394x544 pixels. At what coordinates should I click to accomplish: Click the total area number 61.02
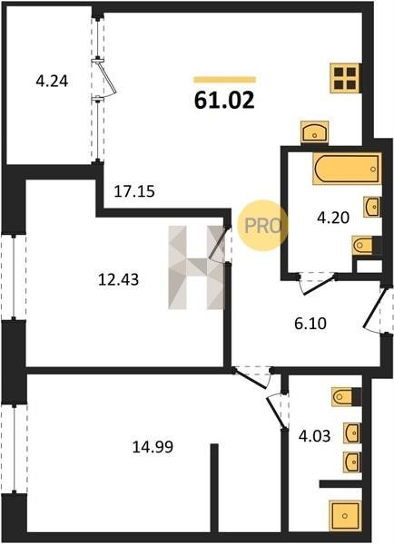pyautogui.click(x=224, y=101)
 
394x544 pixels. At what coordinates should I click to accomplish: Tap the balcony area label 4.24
pyautogui.click(x=52, y=82)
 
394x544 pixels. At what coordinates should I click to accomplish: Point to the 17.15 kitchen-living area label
pyautogui.click(x=134, y=191)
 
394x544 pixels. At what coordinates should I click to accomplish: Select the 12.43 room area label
pyautogui.click(x=119, y=279)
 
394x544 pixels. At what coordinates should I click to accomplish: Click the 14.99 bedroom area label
pyautogui.click(x=153, y=447)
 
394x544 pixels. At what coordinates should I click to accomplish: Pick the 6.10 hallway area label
pyautogui.click(x=310, y=324)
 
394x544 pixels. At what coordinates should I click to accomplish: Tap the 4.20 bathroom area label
pyautogui.click(x=333, y=218)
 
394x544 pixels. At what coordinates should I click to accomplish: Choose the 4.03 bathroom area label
pyautogui.click(x=314, y=436)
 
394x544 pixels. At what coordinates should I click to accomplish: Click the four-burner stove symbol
pyautogui.click(x=346, y=78)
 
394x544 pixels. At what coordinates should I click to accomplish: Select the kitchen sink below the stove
pyautogui.click(x=315, y=131)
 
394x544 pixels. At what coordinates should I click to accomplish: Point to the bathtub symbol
pyautogui.click(x=347, y=169)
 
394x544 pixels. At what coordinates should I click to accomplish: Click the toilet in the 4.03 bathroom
pyautogui.click(x=347, y=396)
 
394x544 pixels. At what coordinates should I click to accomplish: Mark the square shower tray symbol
pyautogui.click(x=345, y=516)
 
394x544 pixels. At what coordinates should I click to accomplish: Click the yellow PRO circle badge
pyautogui.click(x=262, y=226)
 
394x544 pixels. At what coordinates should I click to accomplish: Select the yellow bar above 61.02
pyautogui.click(x=224, y=80)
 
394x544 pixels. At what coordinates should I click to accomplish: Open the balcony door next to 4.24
pyautogui.click(x=104, y=78)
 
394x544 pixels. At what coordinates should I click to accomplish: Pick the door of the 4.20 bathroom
pyautogui.click(x=316, y=283)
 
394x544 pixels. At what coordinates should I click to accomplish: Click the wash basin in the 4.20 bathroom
pyautogui.click(x=372, y=207)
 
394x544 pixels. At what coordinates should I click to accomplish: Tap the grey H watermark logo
pyautogui.click(x=196, y=267)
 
